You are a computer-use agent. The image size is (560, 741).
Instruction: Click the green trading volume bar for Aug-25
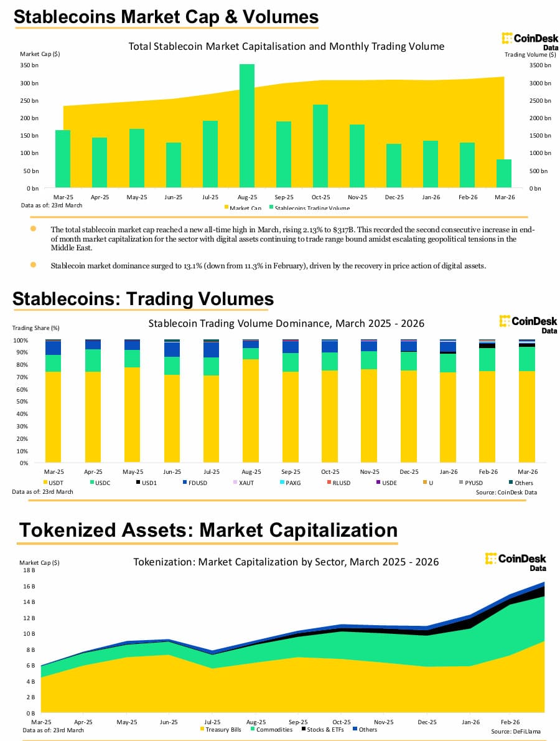click(x=247, y=125)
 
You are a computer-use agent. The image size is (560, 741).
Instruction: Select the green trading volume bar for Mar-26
click(x=504, y=174)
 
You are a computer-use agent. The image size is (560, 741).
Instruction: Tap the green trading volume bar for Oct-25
click(x=320, y=146)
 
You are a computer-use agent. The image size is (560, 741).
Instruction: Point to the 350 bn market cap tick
click(x=30, y=65)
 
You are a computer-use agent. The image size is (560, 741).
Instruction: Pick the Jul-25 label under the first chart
click(x=210, y=197)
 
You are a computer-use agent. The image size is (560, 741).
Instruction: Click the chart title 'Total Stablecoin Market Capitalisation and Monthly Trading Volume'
click(x=286, y=46)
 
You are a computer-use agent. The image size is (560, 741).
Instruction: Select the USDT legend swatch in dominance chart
click(x=45, y=483)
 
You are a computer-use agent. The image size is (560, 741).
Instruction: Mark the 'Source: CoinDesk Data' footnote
click(x=506, y=492)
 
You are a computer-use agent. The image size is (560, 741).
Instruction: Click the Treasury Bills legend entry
click(x=221, y=729)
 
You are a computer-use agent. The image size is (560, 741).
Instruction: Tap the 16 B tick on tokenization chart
click(x=30, y=586)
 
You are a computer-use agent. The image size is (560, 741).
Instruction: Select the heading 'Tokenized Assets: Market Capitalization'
click(x=208, y=530)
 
